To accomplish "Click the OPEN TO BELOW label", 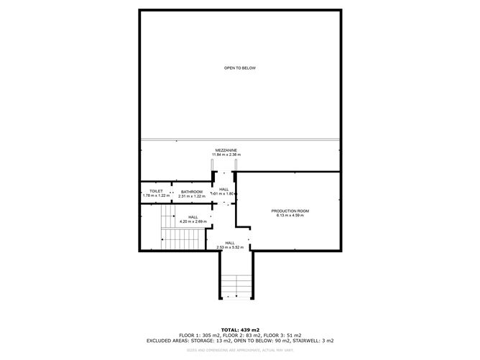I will (x=239, y=68).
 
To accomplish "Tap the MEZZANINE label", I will (x=226, y=150).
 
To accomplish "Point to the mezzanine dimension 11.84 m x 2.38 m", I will (x=226, y=155).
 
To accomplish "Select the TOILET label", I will (x=156, y=191).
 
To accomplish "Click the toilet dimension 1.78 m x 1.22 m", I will (x=156, y=196).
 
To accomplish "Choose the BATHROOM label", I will (x=192, y=191).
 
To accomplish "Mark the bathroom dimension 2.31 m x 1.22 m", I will (x=192, y=196).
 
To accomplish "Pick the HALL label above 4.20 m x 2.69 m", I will (x=193, y=217).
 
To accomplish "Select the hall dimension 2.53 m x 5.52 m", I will (x=230, y=248).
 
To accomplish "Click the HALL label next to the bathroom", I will (x=223, y=189).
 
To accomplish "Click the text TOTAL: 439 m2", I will (x=239, y=329).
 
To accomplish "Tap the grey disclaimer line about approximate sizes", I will (x=239, y=351).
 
